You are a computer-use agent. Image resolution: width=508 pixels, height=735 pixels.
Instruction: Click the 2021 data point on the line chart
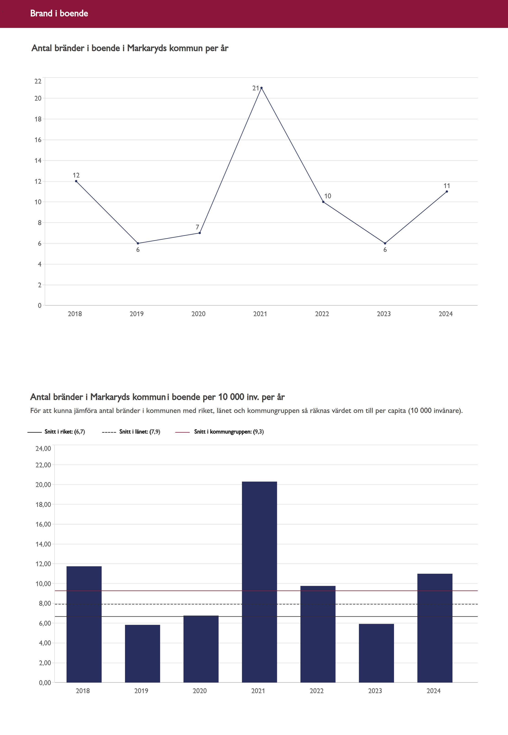(x=261, y=88)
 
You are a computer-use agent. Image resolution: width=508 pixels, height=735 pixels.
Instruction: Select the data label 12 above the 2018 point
(x=76, y=175)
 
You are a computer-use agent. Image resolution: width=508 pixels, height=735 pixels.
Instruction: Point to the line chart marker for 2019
(x=138, y=243)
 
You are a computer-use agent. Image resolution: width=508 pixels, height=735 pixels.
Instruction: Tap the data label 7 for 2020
(x=197, y=227)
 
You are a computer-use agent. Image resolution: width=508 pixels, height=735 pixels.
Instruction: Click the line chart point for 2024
(x=447, y=191)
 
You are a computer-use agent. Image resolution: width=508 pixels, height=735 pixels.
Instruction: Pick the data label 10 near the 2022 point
(x=327, y=196)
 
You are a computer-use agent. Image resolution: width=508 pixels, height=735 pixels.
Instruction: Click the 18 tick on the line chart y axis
(x=38, y=119)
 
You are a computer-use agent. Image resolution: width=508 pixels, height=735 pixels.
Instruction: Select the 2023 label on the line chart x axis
(x=383, y=314)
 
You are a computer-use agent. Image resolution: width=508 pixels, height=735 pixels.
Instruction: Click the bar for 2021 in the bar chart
(x=259, y=583)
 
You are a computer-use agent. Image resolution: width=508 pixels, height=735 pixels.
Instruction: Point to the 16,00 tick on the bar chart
(x=43, y=524)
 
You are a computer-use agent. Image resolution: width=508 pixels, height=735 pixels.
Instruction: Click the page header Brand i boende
(x=59, y=13)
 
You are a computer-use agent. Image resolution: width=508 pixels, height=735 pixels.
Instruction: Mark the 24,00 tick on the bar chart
(x=43, y=449)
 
